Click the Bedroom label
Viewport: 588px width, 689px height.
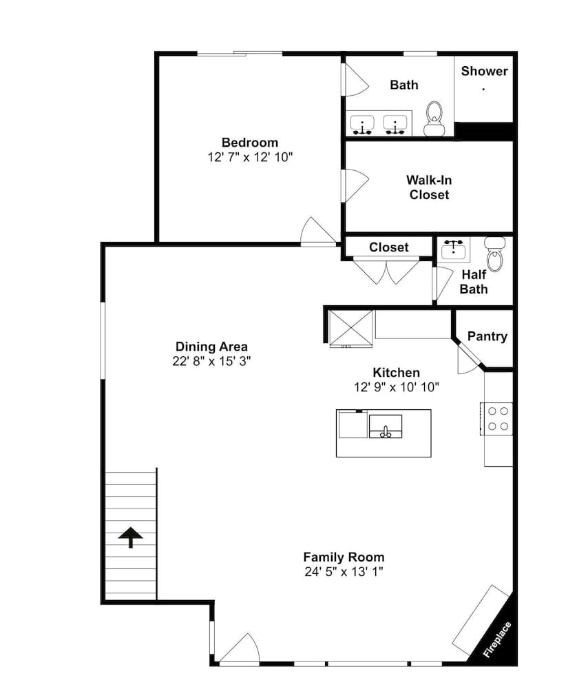tap(250, 143)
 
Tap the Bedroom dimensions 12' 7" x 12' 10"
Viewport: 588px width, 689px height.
tap(250, 157)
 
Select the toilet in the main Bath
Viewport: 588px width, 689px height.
tap(434, 119)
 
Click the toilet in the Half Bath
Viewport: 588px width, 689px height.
tap(495, 254)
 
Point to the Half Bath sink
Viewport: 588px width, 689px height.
tap(454, 250)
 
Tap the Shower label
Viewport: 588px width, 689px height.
tap(484, 71)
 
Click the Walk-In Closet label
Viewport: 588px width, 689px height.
tap(429, 187)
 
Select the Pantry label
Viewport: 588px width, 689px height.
tap(487, 336)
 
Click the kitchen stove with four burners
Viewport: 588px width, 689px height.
tap(496, 419)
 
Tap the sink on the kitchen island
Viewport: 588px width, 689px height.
tap(386, 426)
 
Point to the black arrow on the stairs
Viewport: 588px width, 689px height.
tap(130, 537)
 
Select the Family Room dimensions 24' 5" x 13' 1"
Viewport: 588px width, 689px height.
tap(344, 572)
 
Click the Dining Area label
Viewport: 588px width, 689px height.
tap(211, 347)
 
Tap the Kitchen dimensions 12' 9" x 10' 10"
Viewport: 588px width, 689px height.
tap(397, 387)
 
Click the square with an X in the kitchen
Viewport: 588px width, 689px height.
tap(351, 328)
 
